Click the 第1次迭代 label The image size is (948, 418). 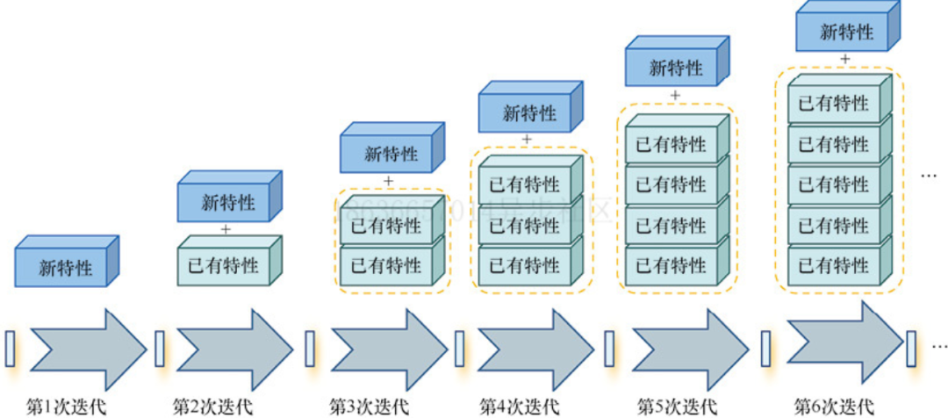click(x=66, y=406)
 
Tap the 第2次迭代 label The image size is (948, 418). click(x=212, y=406)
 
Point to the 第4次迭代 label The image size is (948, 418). click(x=519, y=406)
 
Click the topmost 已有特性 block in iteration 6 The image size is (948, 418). click(x=834, y=104)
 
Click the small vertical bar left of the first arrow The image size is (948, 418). click(x=11, y=349)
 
